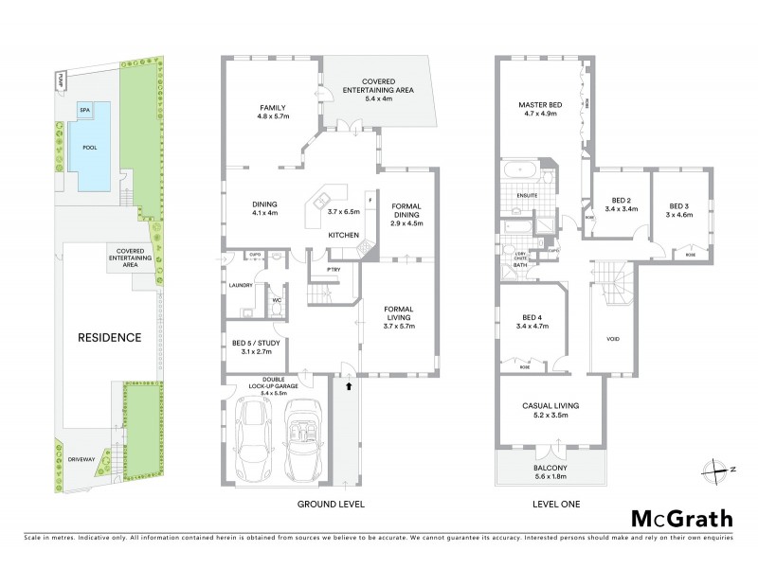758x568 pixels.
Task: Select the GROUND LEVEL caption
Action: point(331,504)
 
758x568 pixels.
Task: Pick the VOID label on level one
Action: point(613,338)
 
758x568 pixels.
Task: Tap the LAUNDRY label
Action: point(240,283)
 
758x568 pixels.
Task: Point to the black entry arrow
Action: point(348,385)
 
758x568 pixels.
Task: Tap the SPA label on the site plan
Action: point(84,110)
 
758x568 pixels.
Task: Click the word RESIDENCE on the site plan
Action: point(109,337)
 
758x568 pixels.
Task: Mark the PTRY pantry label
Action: point(333,271)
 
